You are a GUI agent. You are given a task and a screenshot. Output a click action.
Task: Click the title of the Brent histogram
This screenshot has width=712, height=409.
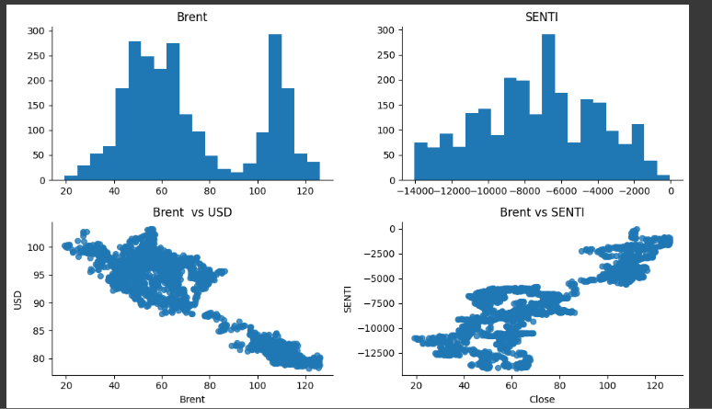[x=192, y=16]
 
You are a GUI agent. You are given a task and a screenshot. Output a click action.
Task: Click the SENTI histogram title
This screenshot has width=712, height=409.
[x=542, y=16]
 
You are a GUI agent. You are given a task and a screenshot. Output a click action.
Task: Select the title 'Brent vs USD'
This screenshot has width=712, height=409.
[x=192, y=213]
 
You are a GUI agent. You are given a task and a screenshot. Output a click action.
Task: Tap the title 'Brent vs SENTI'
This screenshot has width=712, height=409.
[x=542, y=213]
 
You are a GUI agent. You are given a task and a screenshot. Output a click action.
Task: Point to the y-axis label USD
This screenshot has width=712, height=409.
[x=18, y=300]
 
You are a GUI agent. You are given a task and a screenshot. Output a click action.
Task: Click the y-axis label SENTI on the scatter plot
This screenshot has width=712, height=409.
[x=349, y=300]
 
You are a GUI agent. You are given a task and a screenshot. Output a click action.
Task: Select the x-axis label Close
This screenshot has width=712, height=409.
[x=542, y=399]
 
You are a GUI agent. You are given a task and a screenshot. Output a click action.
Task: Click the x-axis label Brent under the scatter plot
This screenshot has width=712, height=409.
[x=192, y=399]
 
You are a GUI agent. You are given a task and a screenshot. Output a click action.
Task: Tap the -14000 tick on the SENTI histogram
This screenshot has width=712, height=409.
[x=414, y=190]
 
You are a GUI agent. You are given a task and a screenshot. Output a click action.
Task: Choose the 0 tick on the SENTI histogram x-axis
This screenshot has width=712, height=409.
[x=671, y=190]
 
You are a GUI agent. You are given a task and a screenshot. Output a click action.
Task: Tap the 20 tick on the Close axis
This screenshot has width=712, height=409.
[x=416, y=384]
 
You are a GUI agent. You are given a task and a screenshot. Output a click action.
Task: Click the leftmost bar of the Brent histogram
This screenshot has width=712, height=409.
[x=71, y=177]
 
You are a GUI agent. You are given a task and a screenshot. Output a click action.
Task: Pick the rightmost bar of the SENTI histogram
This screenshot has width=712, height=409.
[x=663, y=177]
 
